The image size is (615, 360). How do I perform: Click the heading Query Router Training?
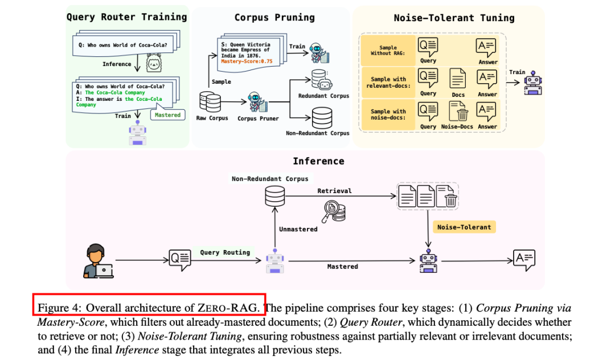tap(126, 17)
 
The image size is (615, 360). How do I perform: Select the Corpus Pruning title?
tap(274, 18)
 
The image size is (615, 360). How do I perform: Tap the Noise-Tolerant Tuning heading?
tap(454, 18)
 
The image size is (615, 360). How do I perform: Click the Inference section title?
tap(318, 161)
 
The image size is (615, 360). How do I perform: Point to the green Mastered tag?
tap(167, 115)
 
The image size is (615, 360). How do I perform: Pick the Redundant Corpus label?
tap(323, 96)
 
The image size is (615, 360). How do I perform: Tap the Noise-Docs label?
tap(458, 126)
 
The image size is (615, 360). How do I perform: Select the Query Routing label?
tap(225, 252)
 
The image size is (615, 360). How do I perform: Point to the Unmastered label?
tap(298, 229)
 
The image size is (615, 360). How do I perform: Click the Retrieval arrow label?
tap(334, 191)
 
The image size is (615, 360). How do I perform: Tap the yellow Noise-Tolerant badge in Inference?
tap(464, 227)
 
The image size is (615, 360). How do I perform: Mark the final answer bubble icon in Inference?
tap(524, 259)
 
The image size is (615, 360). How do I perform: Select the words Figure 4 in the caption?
tap(59, 308)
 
